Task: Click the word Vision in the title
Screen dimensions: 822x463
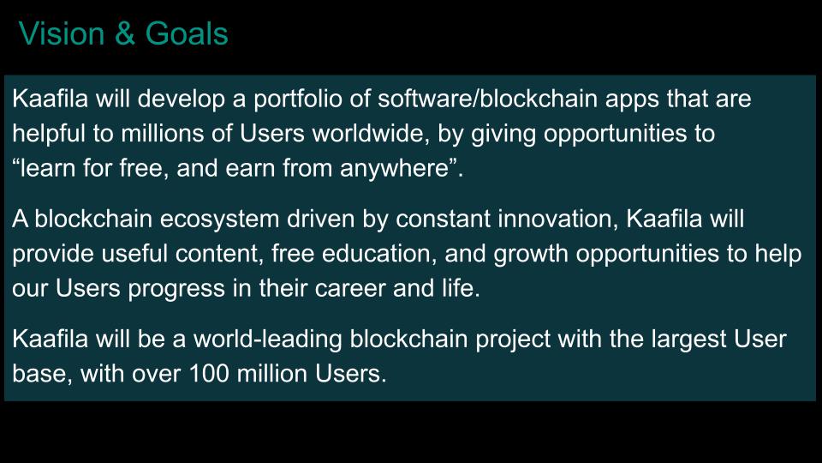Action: (x=62, y=33)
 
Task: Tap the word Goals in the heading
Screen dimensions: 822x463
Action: (x=187, y=33)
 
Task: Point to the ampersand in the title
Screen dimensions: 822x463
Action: (x=125, y=33)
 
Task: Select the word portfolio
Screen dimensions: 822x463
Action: (x=298, y=99)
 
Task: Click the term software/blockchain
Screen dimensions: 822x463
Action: (x=487, y=99)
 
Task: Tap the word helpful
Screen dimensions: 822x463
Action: (x=49, y=134)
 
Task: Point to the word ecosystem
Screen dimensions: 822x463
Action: (x=220, y=219)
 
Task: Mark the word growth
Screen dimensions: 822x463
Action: (x=531, y=255)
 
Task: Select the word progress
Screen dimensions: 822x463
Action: (x=176, y=289)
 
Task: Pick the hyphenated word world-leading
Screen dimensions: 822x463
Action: (x=268, y=340)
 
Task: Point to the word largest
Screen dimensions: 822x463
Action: (x=688, y=340)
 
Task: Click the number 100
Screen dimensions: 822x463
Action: (x=209, y=374)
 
